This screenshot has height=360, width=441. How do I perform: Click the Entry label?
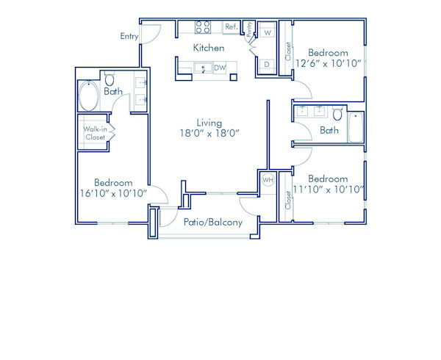(129, 36)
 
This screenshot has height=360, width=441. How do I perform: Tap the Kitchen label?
(209, 48)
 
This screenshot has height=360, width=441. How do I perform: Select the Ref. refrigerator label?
(231, 27)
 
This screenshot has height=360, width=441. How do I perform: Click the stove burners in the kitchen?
(203, 27)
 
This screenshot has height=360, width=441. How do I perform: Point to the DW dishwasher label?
(220, 68)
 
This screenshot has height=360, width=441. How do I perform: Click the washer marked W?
(267, 33)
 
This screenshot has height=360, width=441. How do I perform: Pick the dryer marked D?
(266, 65)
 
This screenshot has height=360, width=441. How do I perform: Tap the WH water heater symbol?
(268, 180)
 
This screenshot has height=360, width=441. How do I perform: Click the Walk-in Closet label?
(95, 133)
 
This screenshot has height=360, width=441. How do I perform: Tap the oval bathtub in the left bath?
(92, 95)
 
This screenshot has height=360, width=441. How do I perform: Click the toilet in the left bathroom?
(110, 79)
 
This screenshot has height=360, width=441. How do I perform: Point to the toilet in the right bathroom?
(337, 114)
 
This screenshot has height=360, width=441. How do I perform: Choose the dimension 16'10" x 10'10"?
(113, 193)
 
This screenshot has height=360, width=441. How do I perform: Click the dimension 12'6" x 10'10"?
(328, 63)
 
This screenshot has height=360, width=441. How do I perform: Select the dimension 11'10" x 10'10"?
(328, 189)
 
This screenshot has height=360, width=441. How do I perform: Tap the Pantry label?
(249, 29)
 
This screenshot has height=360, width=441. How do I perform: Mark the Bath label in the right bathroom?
(329, 131)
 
